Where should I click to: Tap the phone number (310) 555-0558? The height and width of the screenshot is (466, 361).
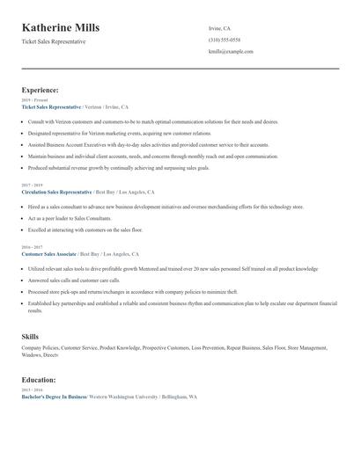[225, 40]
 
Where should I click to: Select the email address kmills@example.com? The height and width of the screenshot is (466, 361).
[231, 52]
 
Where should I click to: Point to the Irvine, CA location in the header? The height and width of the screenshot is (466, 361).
[219, 28]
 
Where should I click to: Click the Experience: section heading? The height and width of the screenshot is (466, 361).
[41, 90]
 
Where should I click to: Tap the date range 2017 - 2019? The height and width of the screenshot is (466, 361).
[32, 186]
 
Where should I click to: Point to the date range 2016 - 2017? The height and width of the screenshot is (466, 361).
[32, 248]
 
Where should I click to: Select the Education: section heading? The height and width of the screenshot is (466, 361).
[39, 380]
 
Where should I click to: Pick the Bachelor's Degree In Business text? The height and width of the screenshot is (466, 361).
[54, 397]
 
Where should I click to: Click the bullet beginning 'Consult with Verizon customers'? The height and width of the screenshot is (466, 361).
[141, 121]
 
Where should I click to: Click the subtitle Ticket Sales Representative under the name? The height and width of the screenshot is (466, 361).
[55, 42]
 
